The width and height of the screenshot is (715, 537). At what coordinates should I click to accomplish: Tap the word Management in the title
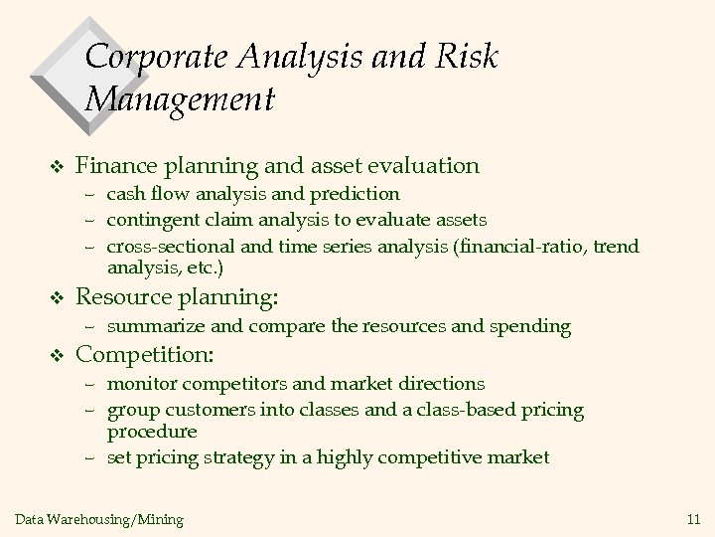[179, 99]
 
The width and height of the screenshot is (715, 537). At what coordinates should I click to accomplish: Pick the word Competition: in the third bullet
[146, 354]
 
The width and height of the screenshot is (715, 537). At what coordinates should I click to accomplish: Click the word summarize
[153, 325]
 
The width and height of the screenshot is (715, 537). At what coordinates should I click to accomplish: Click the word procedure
[152, 433]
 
